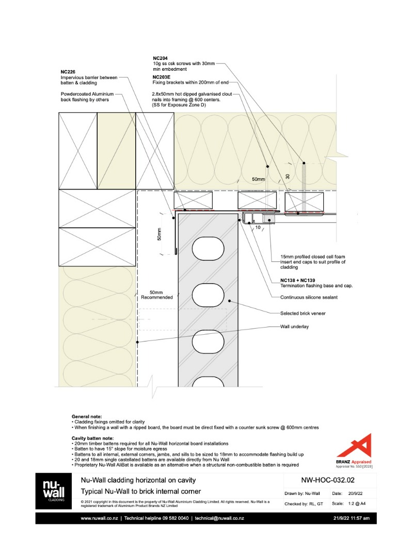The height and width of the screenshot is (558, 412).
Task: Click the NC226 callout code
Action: click(x=68, y=72)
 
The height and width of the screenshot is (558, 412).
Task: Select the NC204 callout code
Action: click(x=161, y=58)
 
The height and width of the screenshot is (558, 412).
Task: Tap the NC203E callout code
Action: click(x=162, y=76)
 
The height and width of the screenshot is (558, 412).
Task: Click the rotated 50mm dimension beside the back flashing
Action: click(x=160, y=235)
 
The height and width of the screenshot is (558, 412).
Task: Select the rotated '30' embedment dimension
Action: click(x=288, y=176)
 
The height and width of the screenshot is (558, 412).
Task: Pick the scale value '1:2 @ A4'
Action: click(x=357, y=503)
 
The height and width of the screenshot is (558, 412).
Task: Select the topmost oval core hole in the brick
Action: click(x=207, y=251)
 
